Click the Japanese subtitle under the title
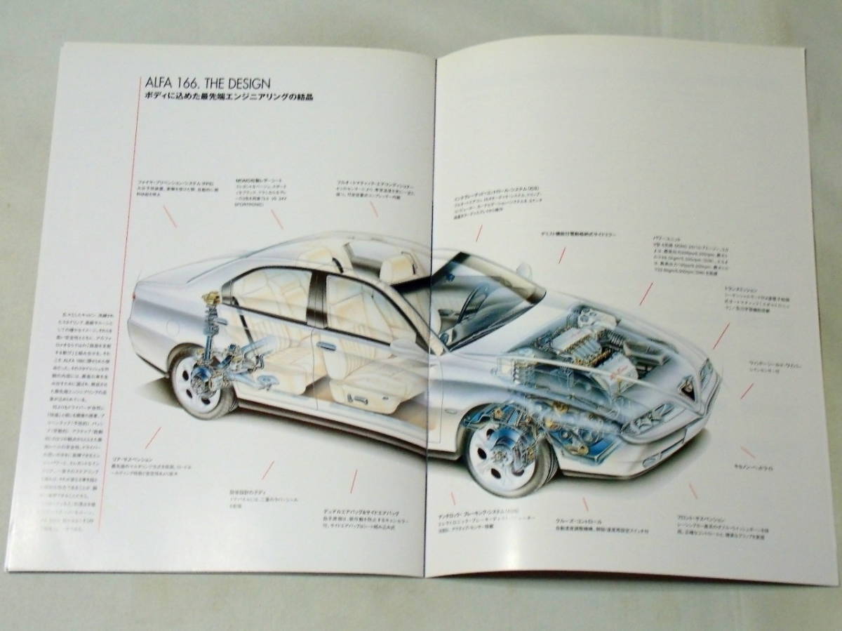tap(224, 97)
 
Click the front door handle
tap(327, 345)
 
